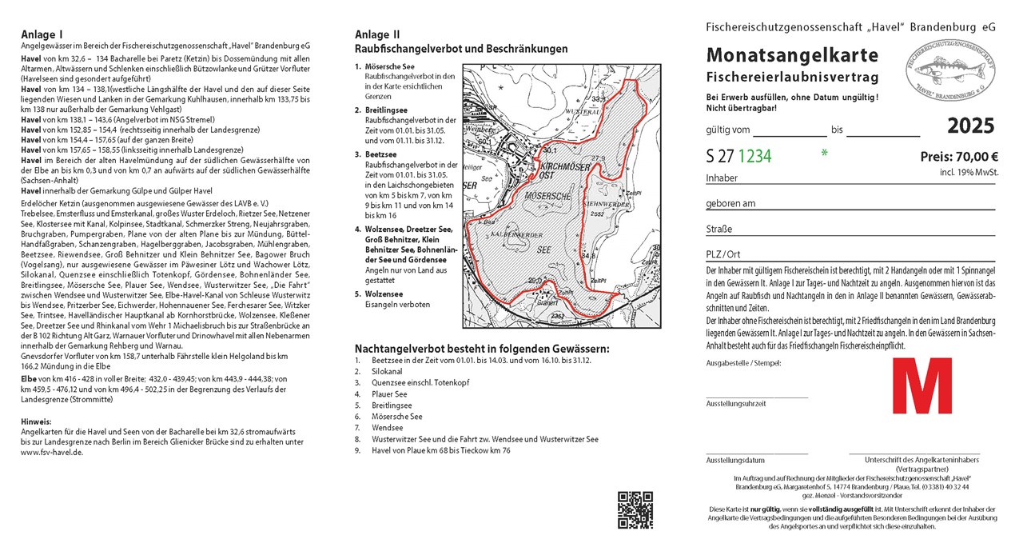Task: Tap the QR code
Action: click(635, 510)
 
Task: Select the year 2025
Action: click(971, 126)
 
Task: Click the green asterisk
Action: click(824, 152)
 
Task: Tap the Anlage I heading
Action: click(42, 34)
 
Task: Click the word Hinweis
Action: click(36, 421)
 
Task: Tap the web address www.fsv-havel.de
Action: click(53, 452)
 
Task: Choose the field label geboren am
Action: click(730, 203)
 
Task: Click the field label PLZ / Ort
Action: click(723, 255)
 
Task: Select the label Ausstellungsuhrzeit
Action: click(736, 404)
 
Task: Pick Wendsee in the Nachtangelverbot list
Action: click(388, 428)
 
